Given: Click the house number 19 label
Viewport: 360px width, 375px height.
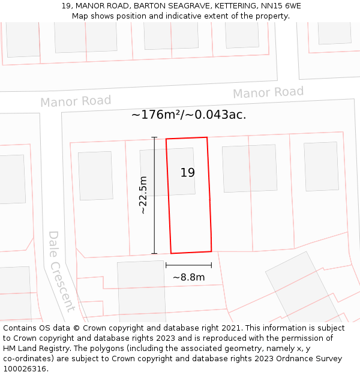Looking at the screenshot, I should tap(187, 173).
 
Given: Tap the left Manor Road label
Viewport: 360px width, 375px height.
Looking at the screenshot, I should tap(76, 101).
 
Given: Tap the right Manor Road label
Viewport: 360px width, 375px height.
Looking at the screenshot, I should tap(268, 92).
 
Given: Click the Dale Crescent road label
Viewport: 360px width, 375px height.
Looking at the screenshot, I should tap(61, 271).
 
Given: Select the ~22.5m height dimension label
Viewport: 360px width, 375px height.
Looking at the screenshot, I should tap(143, 195).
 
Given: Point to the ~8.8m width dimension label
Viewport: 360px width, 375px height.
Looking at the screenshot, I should tap(188, 277).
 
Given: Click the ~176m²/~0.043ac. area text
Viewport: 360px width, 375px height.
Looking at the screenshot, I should tap(188, 115).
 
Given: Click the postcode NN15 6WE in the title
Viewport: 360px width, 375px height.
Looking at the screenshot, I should tap(281, 6).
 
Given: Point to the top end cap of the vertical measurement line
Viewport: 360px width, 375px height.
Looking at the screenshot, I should tap(154, 137).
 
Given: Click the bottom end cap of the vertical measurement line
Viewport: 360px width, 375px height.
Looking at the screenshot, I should tap(154, 253).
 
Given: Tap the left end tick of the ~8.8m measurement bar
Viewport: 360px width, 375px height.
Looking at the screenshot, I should tap(166, 265).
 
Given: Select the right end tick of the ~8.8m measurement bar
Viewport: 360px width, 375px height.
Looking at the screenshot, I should tap(211, 265).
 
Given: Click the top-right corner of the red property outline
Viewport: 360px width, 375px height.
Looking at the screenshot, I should tap(207, 137).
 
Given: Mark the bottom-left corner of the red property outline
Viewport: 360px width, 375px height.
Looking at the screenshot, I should tap(171, 253).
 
